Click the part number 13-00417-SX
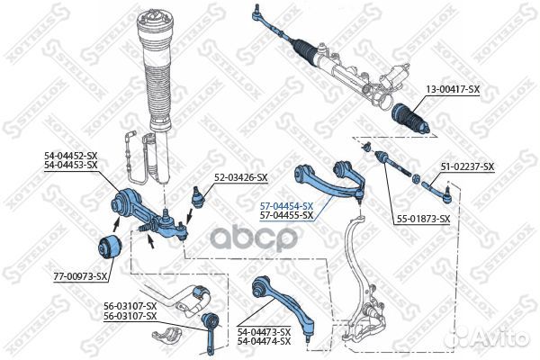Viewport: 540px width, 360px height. [x=453, y=90]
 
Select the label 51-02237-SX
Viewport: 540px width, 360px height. [x=467, y=166]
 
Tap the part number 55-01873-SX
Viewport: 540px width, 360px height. [x=423, y=219]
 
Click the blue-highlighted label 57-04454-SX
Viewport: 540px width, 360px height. [x=286, y=206]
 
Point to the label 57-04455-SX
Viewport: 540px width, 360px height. [x=286, y=215]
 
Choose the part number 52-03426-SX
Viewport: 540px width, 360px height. [x=240, y=178]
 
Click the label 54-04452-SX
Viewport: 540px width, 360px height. [x=70, y=156]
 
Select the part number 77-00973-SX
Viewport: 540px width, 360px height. [x=80, y=276]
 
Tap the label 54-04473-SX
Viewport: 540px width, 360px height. [x=264, y=332]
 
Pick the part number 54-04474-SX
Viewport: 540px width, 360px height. [x=264, y=341]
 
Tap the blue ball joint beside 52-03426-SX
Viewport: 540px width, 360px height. [x=197, y=197]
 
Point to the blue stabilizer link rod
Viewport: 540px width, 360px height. [x=210, y=333]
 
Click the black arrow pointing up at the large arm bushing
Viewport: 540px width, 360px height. [x=116, y=224]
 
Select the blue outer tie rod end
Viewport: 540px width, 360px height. [x=436, y=191]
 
